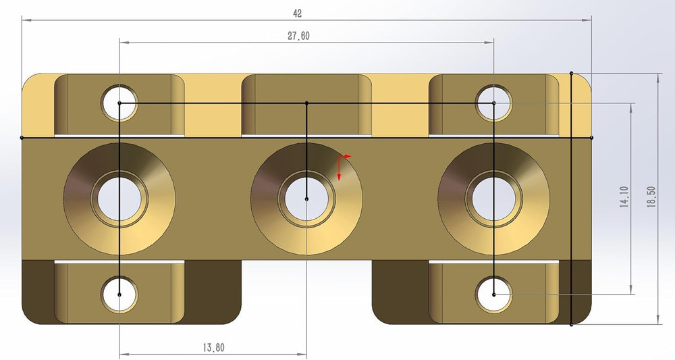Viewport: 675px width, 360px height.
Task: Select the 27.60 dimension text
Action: [x=298, y=36]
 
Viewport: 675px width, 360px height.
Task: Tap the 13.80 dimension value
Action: [x=213, y=348]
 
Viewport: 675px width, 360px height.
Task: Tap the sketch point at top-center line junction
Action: [x=306, y=103]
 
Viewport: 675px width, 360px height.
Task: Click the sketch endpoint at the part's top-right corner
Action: [x=572, y=72]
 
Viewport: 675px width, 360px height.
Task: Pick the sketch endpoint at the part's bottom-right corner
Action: [x=572, y=325]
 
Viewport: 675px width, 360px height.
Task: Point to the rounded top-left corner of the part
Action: [x=30, y=81]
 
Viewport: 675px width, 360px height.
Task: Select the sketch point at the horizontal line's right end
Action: [x=591, y=137]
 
